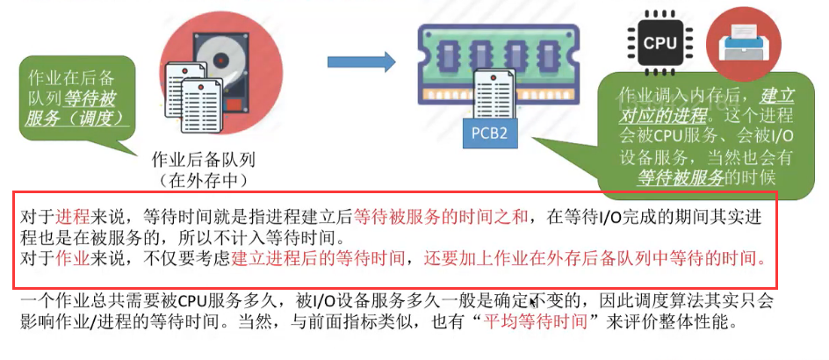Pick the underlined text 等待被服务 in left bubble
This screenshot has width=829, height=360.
click(90, 98)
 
